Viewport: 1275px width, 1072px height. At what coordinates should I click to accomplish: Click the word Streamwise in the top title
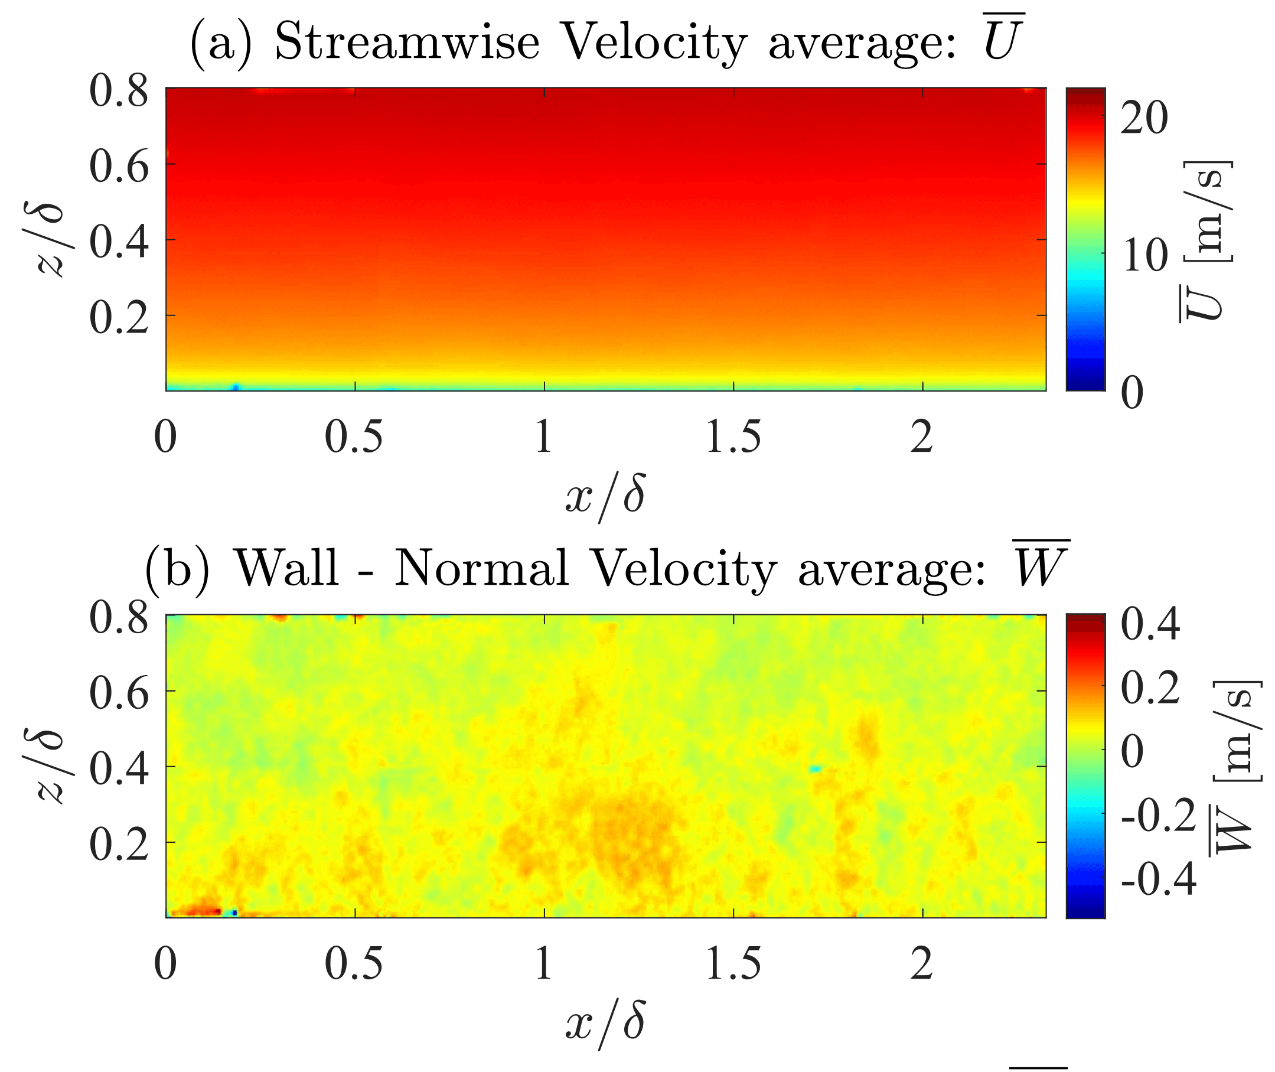coord(406,43)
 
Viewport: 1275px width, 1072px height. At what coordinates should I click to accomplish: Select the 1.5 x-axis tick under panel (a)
coord(733,438)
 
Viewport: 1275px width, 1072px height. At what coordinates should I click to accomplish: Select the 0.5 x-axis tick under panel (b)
coord(354,965)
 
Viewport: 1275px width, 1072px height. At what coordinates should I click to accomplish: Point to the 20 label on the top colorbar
coord(1144,118)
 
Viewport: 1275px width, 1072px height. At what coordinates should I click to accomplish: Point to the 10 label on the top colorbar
coord(1144,255)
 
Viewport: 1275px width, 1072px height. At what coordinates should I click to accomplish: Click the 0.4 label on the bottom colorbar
coord(1150,625)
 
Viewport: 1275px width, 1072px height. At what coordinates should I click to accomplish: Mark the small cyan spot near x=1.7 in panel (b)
coord(815,770)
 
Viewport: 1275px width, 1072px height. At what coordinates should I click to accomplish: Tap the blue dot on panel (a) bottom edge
coord(236,387)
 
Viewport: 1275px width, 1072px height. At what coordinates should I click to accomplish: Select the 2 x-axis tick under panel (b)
coord(921,965)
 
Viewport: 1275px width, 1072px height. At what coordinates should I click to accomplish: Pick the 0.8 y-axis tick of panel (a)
coord(119,92)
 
